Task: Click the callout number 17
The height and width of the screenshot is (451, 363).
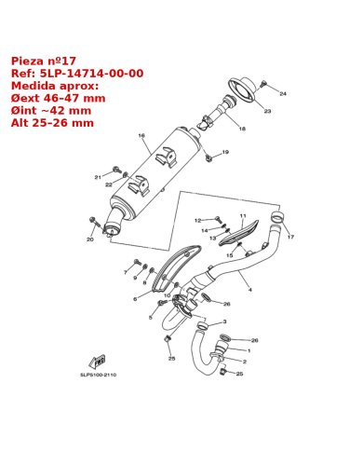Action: point(290,237)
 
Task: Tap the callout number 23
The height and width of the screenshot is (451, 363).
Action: point(267,111)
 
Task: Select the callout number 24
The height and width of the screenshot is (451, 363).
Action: point(283,93)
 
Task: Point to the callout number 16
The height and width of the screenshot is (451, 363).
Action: point(141,136)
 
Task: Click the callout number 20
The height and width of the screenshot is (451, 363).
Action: point(90,239)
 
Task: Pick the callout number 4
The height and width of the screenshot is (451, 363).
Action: point(250,290)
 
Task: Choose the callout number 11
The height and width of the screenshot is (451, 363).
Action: point(243,215)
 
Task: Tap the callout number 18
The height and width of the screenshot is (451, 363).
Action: point(242,129)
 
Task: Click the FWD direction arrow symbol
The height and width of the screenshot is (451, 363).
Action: point(98,362)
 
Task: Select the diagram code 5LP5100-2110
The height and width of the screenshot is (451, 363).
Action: point(99,375)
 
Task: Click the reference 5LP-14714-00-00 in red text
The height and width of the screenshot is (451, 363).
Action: point(92,74)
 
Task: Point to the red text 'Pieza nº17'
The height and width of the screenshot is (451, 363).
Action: point(44,61)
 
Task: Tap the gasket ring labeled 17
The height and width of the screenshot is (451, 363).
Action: point(278,217)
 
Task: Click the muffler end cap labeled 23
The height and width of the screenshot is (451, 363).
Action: point(244,89)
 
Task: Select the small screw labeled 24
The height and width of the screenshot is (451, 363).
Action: point(264,83)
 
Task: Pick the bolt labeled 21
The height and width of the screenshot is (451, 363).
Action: point(117,170)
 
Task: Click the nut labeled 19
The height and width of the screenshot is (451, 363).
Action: point(208,158)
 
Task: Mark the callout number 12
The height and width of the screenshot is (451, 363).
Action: point(197,221)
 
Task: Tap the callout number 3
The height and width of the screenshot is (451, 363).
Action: point(224,321)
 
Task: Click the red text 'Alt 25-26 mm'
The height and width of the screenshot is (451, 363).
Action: point(52,123)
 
